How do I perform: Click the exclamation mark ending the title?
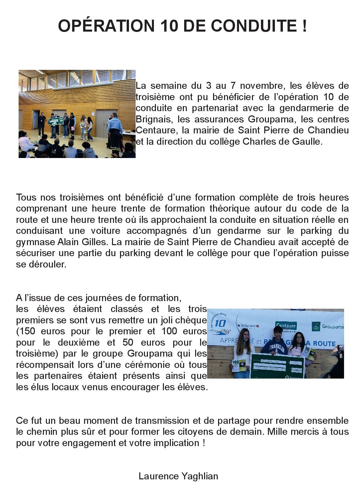coord(304,26)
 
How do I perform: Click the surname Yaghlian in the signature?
coord(200,476)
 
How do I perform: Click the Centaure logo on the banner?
coord(286,326)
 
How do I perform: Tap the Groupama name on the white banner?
coord(332,327)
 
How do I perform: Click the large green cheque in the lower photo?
coord(278,366)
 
